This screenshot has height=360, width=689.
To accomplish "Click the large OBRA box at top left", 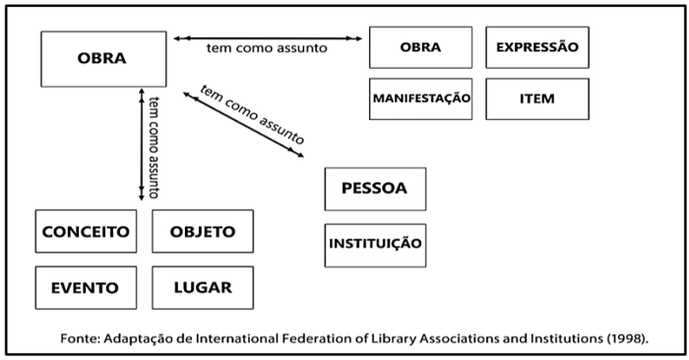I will click(x=103, y=58).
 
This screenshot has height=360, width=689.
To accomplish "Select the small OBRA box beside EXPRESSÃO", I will click(x=420, y=47).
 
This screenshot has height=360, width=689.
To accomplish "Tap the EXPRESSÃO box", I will click(x=536, y=47).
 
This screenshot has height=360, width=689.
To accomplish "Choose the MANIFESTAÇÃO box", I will click(x=420, y=98).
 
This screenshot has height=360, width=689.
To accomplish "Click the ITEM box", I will click(x=536, y=98).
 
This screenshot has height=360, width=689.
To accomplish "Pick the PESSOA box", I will click(x=375, y=188).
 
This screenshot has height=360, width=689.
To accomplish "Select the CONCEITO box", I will click(x=86, y=231).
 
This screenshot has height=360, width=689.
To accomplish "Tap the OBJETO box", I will click(x=203, y=231).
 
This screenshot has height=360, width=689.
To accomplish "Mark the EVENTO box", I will click(x=86, y=287).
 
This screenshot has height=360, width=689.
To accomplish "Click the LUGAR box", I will click(x=203, y=287).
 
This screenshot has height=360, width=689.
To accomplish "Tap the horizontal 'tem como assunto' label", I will click(x=267, y=49).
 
